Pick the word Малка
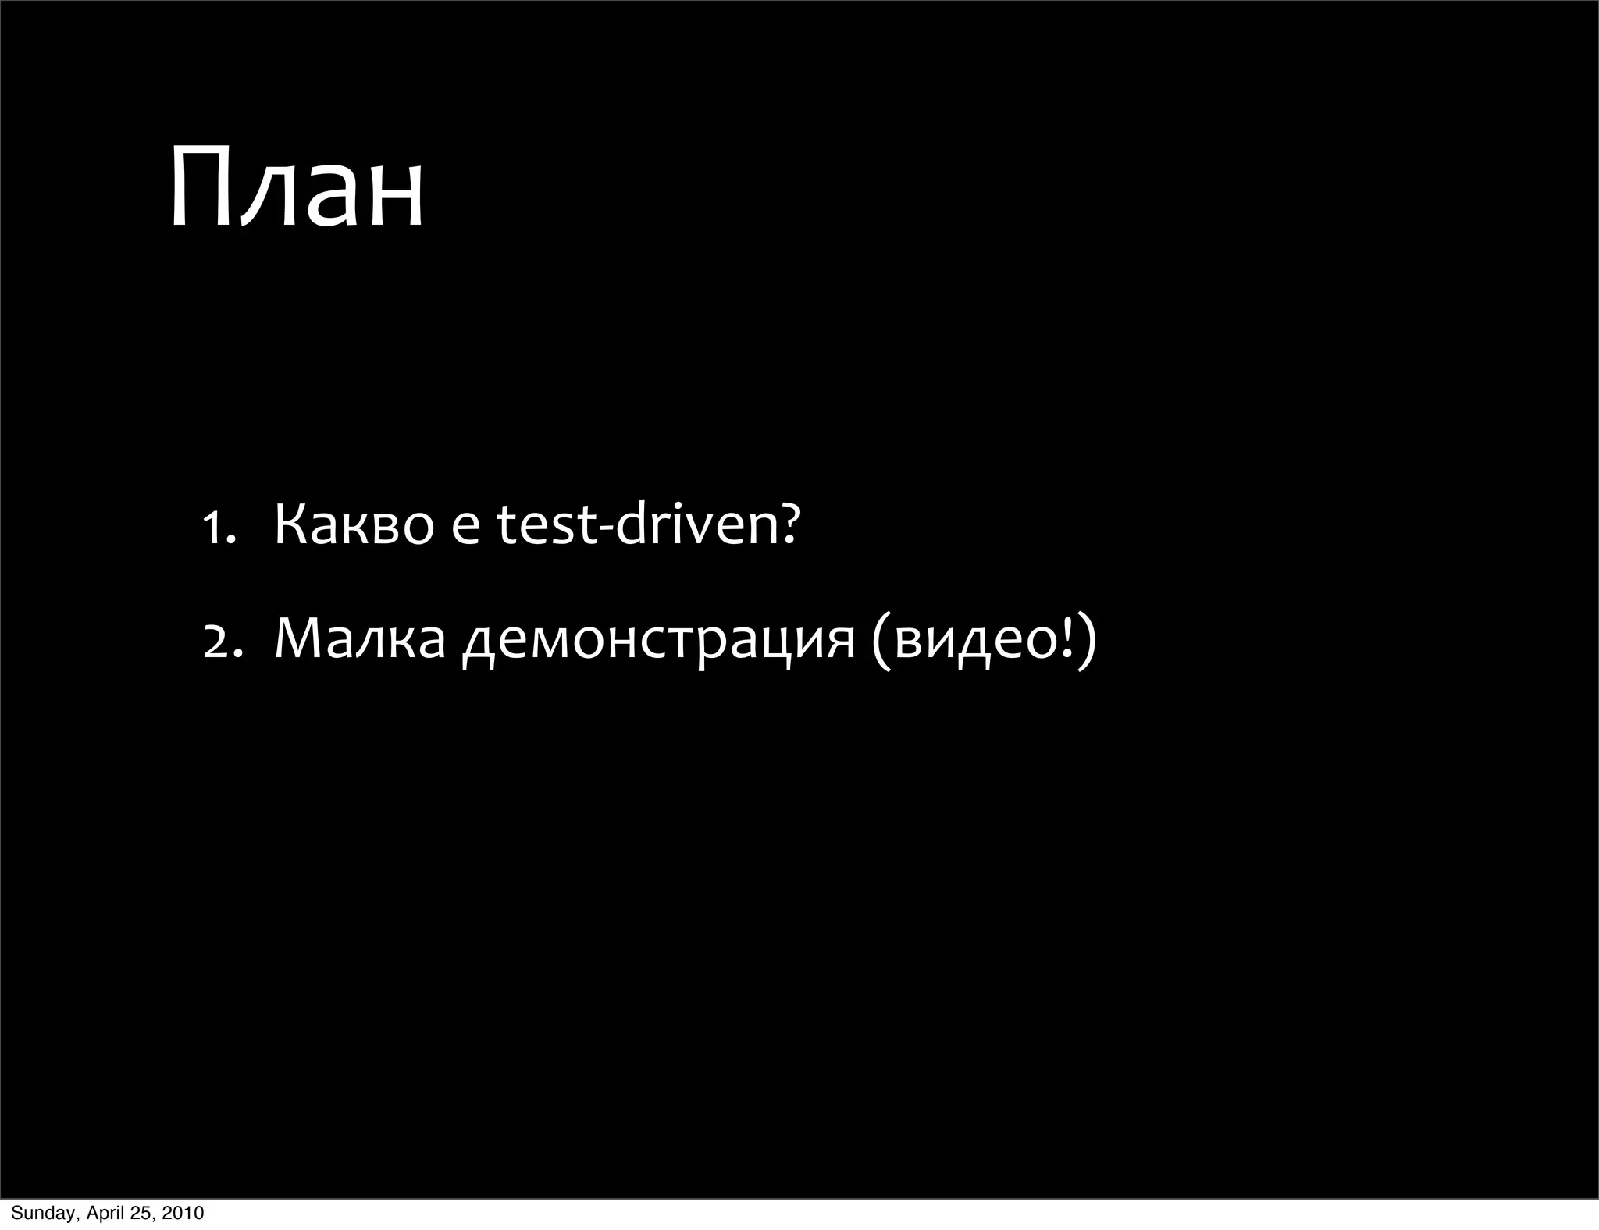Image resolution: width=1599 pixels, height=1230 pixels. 360,638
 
